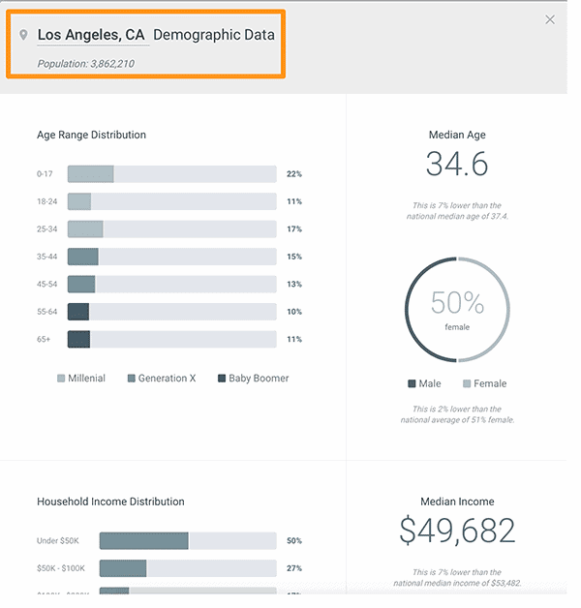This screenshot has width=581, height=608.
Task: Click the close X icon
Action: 550,19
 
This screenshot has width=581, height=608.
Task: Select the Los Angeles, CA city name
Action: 91,35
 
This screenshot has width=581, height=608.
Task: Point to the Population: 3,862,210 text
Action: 85,64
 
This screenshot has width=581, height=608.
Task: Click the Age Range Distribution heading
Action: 91,135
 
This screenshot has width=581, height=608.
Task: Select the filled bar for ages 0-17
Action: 90,174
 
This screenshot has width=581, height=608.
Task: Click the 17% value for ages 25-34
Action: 294,229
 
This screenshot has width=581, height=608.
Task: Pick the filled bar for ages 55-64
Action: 78,312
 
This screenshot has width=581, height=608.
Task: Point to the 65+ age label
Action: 45,340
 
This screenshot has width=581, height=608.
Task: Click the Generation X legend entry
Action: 161,379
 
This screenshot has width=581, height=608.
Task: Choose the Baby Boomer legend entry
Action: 253,379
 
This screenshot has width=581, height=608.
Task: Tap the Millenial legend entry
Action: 80,379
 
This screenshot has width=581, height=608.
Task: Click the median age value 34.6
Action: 457,165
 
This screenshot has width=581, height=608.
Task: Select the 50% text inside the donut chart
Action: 457,303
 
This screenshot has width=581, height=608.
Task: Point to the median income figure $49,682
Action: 457,531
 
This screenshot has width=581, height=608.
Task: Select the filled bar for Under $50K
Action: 143,541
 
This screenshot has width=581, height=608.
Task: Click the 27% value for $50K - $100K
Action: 294,568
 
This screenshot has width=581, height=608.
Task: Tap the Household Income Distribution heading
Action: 110,502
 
